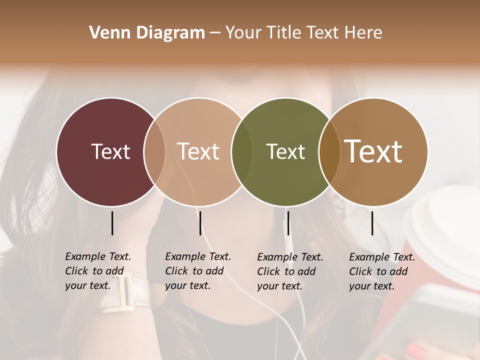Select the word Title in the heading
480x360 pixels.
[283, 33]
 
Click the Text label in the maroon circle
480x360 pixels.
[110, 151]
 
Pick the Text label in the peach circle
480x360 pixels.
[198, 151]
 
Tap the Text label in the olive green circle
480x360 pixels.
[285, 151]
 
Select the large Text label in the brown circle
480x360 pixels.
[373, 151]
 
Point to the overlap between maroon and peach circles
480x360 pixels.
[154, 151]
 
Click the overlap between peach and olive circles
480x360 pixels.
[242, 151]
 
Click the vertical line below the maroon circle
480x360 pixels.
[112, 223]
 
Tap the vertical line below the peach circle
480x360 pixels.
[200, 223]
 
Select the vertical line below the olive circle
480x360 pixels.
[288, 223]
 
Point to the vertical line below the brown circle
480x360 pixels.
[372, 223]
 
